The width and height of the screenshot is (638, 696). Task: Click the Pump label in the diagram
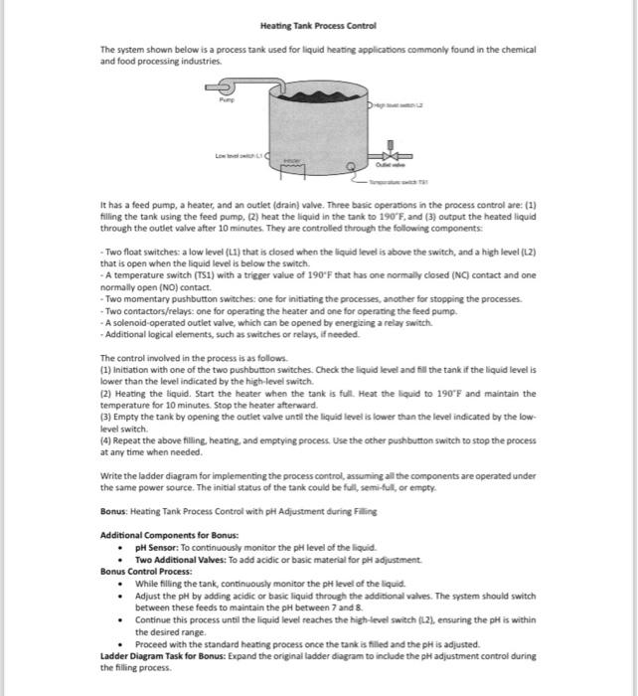[229, 98]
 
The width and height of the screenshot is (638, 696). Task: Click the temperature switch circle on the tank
[350, 167]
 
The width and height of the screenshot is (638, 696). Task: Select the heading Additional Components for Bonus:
[162, 536]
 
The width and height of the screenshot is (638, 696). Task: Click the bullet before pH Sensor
[120, 548]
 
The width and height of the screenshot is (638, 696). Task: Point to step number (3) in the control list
[107, 417]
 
